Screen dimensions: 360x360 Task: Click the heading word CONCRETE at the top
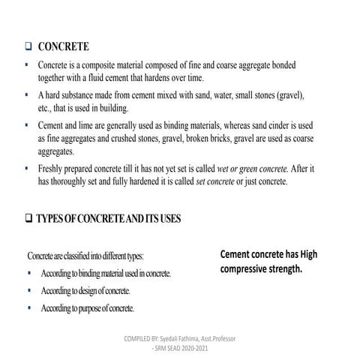coord(64,46)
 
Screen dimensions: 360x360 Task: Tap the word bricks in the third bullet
coord(211,139)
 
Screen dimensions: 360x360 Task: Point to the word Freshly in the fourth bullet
coord(53,169)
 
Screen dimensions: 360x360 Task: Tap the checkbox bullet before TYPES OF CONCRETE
coord(28,218)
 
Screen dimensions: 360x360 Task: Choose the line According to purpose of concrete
coord(88,307)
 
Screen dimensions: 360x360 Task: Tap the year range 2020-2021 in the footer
coord(204,349)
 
